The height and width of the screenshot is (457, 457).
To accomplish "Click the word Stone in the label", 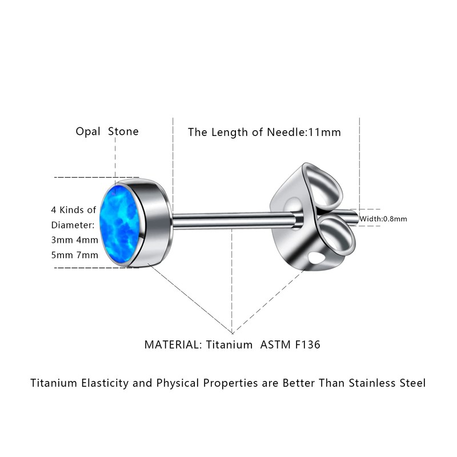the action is (123, 131).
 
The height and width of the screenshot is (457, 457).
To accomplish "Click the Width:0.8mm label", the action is (383, 219).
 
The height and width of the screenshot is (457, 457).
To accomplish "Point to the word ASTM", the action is (274, 344).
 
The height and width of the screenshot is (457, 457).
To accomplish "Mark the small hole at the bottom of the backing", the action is (316, 259).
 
